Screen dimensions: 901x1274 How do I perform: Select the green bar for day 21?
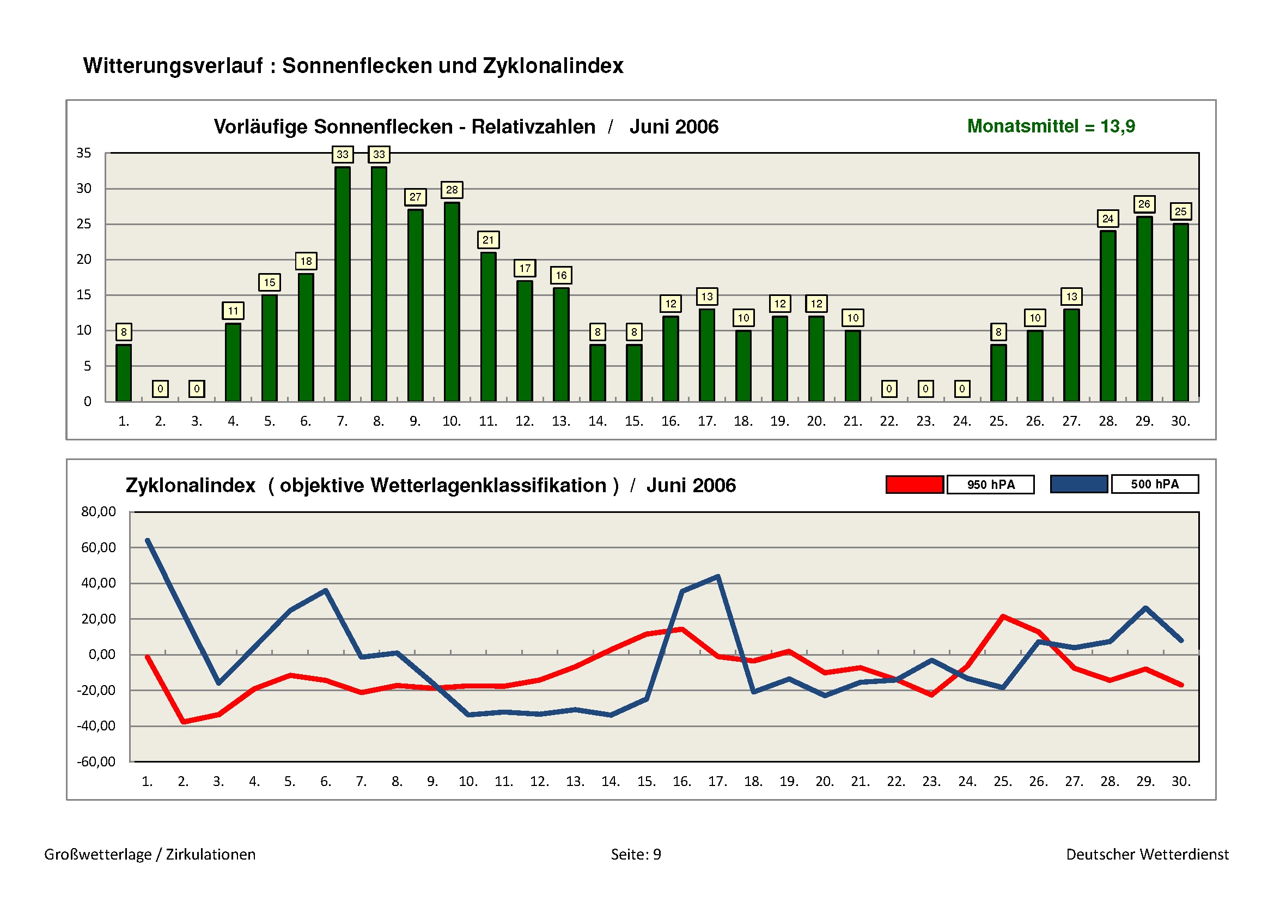pos(852,366)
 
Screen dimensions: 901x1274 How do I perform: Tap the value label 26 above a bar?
pos(1144,204)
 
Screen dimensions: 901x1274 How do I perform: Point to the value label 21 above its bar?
pos(487,240)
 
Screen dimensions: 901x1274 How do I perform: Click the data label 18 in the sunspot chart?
pos(306,261)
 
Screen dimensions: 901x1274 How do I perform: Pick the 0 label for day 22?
pos(889,389)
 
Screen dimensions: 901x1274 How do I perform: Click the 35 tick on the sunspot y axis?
pos(84,153)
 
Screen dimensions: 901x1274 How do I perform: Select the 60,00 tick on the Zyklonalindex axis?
pos(98,548)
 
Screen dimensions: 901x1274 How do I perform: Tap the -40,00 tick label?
pos(96,726)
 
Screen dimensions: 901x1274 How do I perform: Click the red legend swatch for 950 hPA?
pos(915,485)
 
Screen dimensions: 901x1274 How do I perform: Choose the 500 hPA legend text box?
pos(1155,484)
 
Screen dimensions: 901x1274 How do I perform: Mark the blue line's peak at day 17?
pos(718,577)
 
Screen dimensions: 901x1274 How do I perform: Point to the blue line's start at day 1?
pos(148,540)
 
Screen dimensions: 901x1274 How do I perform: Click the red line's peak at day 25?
pos(1003,616)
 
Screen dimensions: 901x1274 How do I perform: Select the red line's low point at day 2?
pos(184,722)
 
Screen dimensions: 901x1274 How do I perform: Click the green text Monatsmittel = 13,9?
pos(1051,126)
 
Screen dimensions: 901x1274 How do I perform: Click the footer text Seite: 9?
pos(636,854)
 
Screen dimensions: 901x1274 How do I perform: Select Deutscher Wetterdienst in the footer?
pos(1147,854)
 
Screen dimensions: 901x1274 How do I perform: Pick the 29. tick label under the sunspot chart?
pos(1144,421)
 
